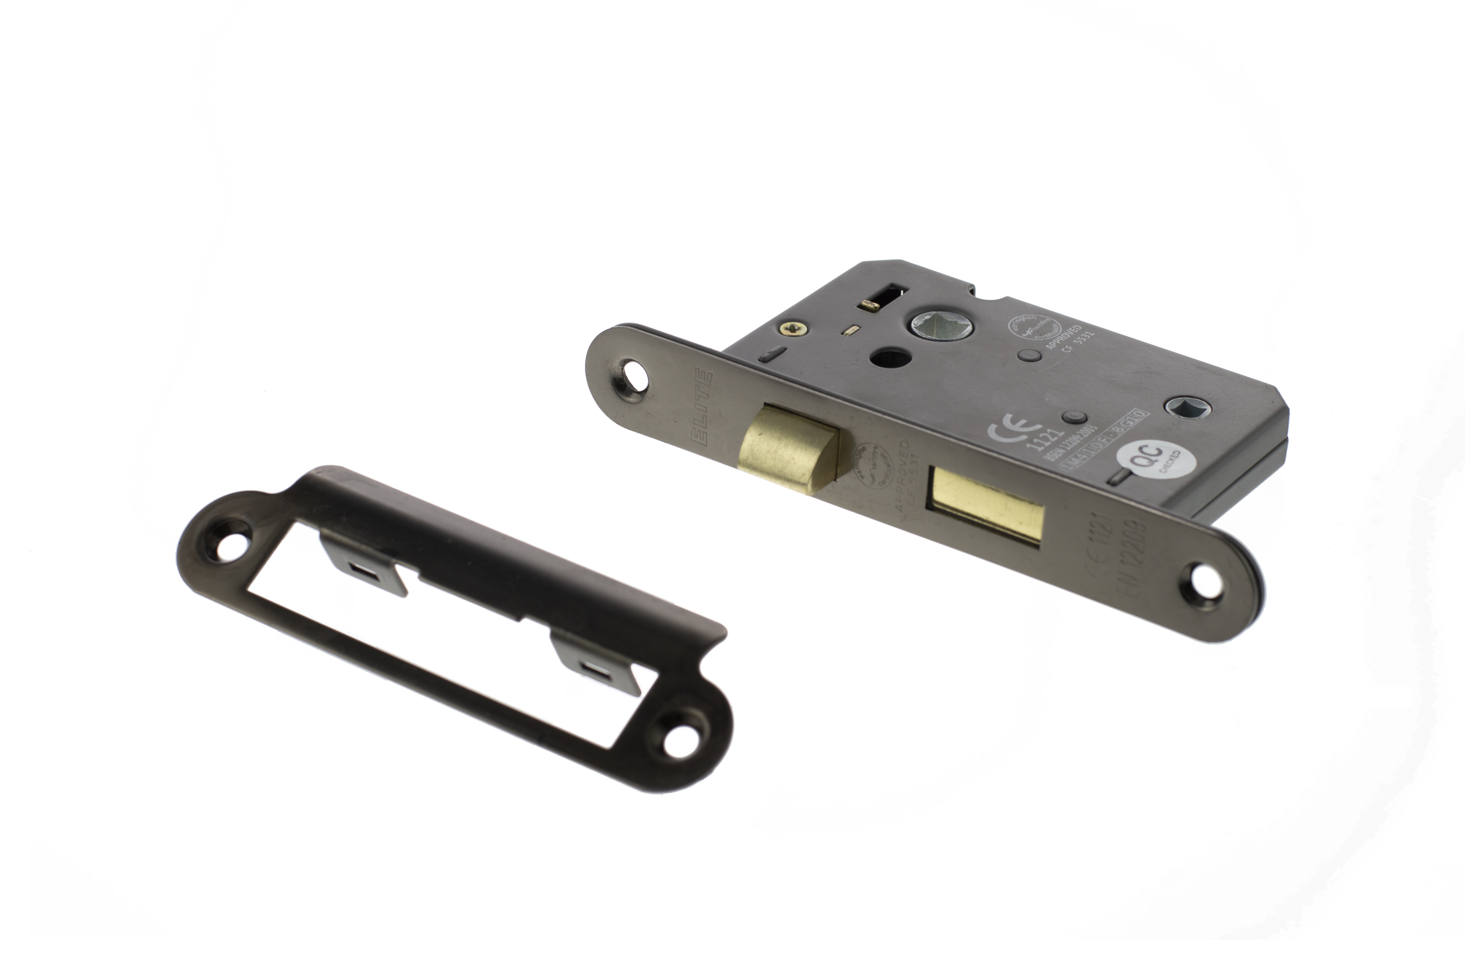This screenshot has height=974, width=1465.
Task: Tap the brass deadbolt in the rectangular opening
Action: pyautogui.click(x=986, y=506)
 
